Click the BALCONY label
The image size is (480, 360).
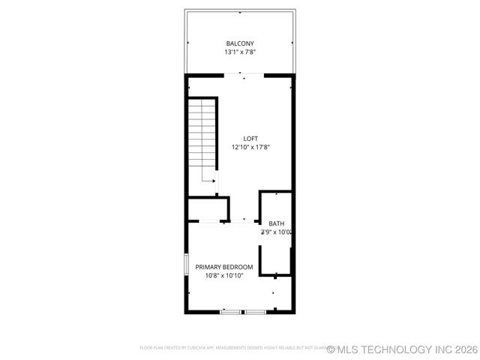[239, 43]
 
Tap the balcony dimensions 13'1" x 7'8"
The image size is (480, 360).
[239, 52]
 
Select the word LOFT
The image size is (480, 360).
[250, 138]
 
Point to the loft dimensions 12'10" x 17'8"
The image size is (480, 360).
[250, 147]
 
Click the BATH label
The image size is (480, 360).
[277, 223]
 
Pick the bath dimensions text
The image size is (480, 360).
[276, 232]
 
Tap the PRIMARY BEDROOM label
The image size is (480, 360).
[224, 267]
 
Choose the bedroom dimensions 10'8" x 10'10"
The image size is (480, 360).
[224, 276]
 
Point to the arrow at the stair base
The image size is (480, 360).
[213, 181]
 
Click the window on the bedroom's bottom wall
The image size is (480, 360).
[243, 311]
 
